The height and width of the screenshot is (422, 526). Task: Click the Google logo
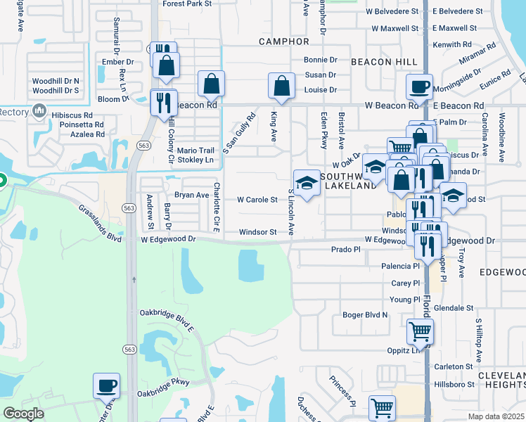pyautogui.click(x=23, y=414)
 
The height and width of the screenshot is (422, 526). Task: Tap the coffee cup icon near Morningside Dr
pyautogui.click(x=420, y=87)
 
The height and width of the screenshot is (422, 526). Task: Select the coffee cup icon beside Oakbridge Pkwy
pyautogui.click(x=107, y=385)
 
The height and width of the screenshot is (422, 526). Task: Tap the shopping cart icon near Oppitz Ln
pyautogui.click(x=420, y=330)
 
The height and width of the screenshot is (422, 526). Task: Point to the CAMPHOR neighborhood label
pyautogui.click(x=284, y=41)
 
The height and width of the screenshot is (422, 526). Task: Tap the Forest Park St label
pyautogui.click(x=187, y=4)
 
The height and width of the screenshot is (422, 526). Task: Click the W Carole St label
pyautogui.click(x=257, y=200)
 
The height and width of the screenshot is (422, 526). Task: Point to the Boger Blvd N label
pyautogui.click(x=365, y=314)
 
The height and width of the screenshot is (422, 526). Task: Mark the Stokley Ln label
pyautogui.click(x=195, y=160)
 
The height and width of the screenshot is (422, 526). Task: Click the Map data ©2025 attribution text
pyautogui.click(x=495, y=416)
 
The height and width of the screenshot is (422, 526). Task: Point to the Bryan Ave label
pyautogui.click(x=192, y=195)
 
